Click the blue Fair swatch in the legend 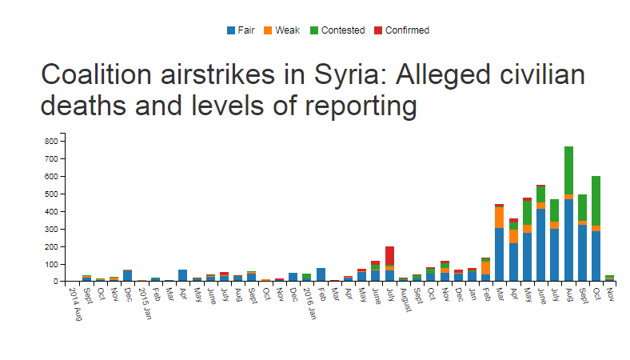tap(231, 30)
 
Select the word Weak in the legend tap(287, 30)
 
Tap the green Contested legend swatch tap(314, 30)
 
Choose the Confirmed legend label tap(407, 30)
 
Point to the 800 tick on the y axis tap(52, 141)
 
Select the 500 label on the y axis tap(52, 194)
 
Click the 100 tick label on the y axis tap(52, 264)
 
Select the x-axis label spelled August tap(405, 298)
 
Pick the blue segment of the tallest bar tap(568, 240)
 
